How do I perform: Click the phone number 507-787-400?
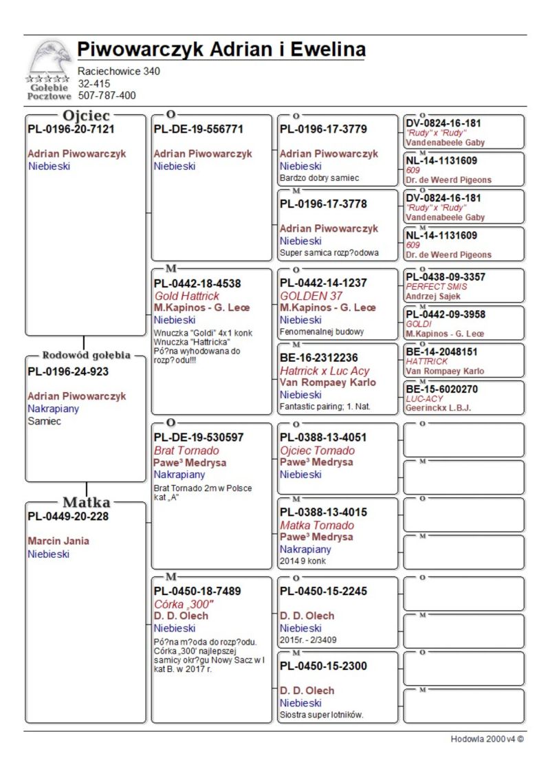coord(107,96)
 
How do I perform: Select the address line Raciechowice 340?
coord(119,71)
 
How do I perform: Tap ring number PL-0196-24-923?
coord(68,371)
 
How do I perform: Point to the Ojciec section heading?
coord(87,115)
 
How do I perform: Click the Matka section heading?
coord(86,501)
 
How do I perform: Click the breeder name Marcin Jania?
coord(58,541)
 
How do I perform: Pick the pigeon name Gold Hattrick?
coord(187,296)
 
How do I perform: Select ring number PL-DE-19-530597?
coord(199,437)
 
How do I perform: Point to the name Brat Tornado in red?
coord(187,451)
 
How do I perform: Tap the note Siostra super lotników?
coord(321,715)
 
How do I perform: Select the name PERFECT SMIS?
coord(436,286)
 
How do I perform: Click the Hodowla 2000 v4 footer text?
coord(487,739)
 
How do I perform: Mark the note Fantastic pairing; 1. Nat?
coord(324,407)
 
